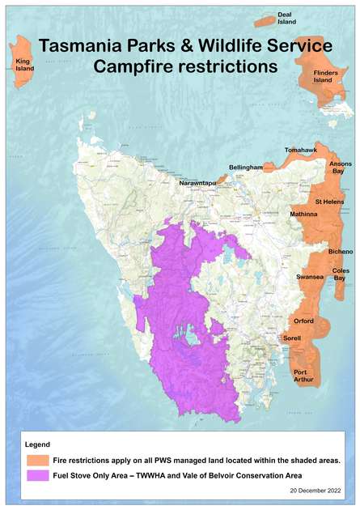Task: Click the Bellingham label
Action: coord(246,167)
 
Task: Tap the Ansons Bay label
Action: coord(341,168)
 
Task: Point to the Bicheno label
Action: coord(341,241)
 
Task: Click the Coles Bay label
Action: coord(341,274)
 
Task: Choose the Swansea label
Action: coord(310,277)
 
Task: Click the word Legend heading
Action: coord(38,444)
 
